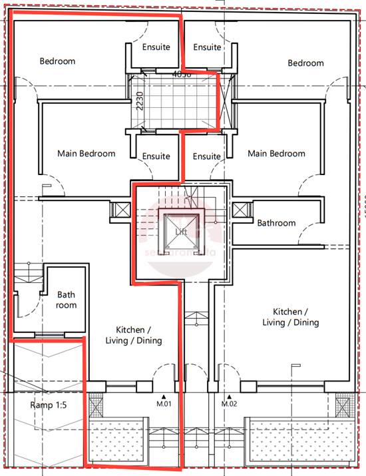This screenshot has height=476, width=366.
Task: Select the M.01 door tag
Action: [164, 403]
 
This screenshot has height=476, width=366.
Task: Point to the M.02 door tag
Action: [230, 403]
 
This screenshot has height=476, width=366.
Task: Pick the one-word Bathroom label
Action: [276, 223]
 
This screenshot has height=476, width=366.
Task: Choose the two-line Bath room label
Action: [67, 300]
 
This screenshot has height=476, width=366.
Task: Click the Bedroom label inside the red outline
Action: [57, 61]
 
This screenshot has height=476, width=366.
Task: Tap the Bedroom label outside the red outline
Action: [305, 63]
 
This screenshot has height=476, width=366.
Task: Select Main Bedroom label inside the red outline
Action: [86, 154]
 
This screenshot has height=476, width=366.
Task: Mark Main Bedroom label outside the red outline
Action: [276, 154]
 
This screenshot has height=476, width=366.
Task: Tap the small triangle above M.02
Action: [230, 395]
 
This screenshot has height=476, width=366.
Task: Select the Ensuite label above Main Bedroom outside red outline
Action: [207, 156]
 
